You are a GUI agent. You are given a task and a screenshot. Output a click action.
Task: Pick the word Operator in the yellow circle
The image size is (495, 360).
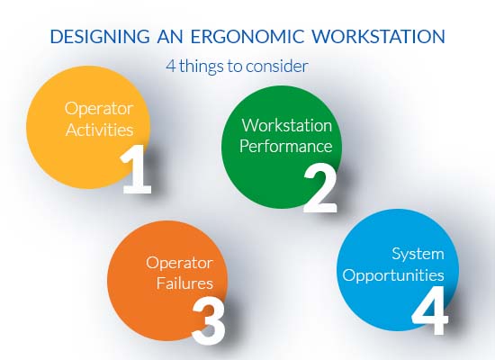[93, 107]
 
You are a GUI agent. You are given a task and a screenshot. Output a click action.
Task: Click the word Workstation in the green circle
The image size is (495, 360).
[286, 125]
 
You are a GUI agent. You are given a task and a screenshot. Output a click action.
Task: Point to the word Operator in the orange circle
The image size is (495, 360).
[179, 263]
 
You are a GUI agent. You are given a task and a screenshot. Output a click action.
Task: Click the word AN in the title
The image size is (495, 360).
[167, 37]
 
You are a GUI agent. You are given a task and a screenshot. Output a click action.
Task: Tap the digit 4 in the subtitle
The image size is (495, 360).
[170, 66]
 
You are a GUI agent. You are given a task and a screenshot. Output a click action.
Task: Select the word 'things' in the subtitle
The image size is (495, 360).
[203, 66]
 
